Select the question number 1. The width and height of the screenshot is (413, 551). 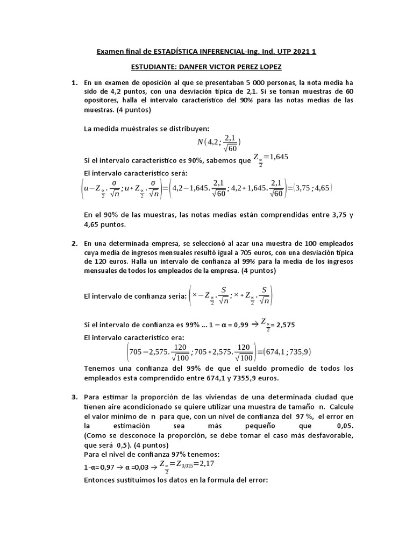74,83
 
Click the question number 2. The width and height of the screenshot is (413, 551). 74,244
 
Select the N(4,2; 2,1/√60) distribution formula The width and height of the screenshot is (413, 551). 219,142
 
